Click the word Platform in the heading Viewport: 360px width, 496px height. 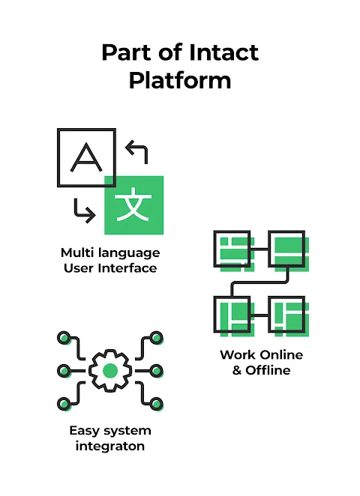pos(180,80)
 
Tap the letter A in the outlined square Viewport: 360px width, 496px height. pos(86,157)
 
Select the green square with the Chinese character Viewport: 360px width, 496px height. pos(134,205)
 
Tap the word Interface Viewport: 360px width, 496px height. pos(127,268)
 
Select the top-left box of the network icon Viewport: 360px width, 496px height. pos(232,249)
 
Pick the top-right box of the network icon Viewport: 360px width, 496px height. pos(286,249)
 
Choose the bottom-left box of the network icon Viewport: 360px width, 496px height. pos(232,315)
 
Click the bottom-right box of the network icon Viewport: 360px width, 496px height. pos(286,315)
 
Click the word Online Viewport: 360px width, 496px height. pos(281,355)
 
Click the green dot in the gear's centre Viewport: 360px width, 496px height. pos(110,371)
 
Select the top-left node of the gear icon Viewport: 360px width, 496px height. pos(64,337)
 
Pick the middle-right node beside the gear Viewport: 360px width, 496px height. pos(157,371)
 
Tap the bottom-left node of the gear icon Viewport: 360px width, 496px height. pos(64,404)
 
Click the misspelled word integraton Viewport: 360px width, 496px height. pos(110,447)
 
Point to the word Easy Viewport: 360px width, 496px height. pos(84,431)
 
